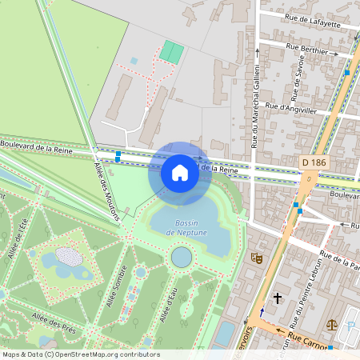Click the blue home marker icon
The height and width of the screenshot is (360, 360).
point(180,172)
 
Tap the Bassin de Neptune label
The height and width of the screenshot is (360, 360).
point(186,227)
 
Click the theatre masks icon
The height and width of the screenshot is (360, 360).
point(256,258)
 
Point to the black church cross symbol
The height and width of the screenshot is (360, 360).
point(278,298)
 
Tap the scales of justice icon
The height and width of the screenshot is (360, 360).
point(332,326)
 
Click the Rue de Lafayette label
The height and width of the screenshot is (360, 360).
point(312,21)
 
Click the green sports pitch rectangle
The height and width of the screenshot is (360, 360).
point(171,52)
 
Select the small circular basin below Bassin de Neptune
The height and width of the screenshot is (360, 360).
point(182,257)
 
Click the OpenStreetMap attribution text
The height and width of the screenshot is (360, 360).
point(80,354)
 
